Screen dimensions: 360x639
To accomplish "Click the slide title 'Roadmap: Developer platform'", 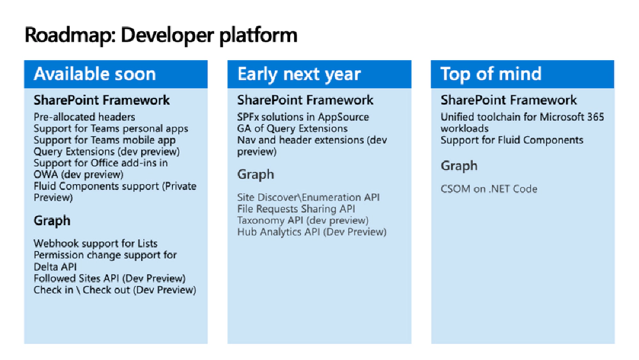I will tap(160, 35).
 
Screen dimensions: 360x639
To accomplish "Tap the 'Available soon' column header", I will tap(95, 74).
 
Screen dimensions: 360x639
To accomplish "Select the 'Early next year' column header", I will tap(299, 74).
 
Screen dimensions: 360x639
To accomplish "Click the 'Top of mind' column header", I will tap(491, 74).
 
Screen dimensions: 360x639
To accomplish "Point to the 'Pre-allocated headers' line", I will tap(84, 117).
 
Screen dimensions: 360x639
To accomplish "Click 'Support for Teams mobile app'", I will tap(104, 140).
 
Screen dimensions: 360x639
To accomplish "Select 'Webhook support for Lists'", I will tap(95, 244).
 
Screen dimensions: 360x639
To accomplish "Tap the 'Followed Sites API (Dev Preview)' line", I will tap(109, 278).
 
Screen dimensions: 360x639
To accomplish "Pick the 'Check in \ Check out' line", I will tap(114, 290).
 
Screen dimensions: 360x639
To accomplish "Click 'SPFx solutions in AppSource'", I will tap(303, 117).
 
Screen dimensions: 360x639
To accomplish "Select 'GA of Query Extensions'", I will tap(292, 129).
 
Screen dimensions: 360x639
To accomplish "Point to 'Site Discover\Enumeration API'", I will tap(308, 197).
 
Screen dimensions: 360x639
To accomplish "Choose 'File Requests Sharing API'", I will tap(296, 208).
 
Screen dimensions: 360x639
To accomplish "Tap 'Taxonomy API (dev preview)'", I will tap(302, 220).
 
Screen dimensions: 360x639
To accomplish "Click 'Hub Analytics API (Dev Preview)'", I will tap(312, 231).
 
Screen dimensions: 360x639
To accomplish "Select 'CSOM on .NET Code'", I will tap(489, 189).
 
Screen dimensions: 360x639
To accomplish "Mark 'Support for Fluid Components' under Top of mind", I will tap(512, 140).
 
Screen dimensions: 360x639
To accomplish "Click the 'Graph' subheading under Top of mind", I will tap(459, 166).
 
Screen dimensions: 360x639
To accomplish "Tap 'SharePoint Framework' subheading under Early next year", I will tap(305, 100).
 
